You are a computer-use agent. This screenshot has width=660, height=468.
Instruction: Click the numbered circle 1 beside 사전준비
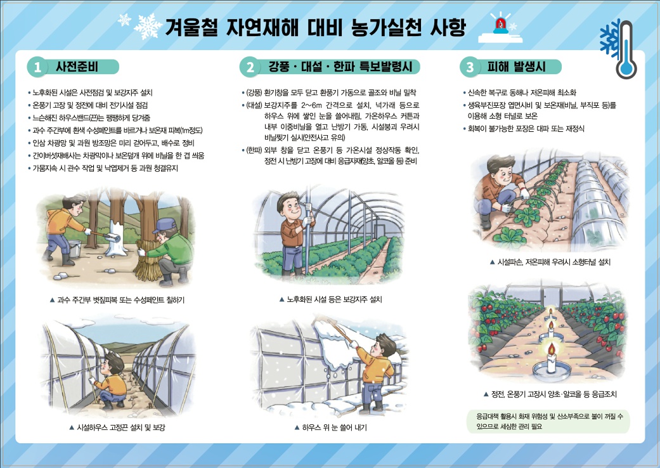point(37,67)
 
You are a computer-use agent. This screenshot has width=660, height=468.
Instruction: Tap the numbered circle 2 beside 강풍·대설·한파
point(250,67)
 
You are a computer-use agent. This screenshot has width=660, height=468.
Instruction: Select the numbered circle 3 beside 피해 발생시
point(470,67)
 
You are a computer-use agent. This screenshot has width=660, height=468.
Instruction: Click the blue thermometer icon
point(626,49)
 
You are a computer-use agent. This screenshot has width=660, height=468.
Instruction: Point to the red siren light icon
point(500,24)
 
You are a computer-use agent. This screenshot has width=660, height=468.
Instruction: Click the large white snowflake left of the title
point(148,26)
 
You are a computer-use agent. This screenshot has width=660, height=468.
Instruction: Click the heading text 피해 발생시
point(517,67)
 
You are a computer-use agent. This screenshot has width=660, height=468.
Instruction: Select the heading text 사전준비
point(77,67)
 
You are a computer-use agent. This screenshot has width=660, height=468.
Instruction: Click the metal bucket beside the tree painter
point(74,249)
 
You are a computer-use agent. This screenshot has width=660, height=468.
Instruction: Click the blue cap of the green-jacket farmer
point(164,225)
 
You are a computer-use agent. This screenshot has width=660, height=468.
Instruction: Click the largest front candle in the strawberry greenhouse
point(551,361)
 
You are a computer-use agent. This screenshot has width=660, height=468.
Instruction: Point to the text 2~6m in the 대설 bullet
point(311,105)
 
